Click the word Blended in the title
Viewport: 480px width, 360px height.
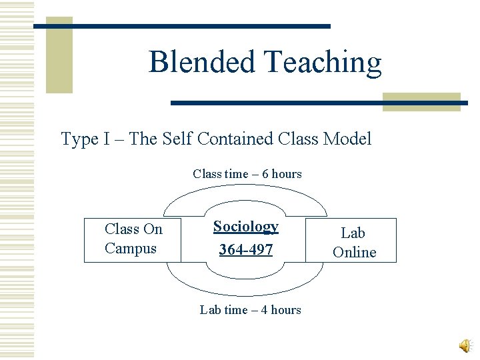[x=203, y=62]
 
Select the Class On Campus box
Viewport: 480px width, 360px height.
[x=133, y=239]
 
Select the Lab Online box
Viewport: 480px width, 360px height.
[x=353, y=241]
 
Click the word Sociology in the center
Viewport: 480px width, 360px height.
[x=245, y=227]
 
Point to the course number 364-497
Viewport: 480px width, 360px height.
[x=245, y=250]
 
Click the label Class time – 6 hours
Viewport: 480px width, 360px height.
[x=247, y=174]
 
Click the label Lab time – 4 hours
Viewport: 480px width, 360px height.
[x=251, y=310]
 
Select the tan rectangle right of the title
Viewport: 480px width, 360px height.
[x=421, y=101]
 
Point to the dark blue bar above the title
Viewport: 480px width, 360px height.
[x=181, y=26]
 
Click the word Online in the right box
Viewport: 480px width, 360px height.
[x=354, y=252]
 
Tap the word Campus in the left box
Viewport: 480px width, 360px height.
[x=130, y=249]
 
